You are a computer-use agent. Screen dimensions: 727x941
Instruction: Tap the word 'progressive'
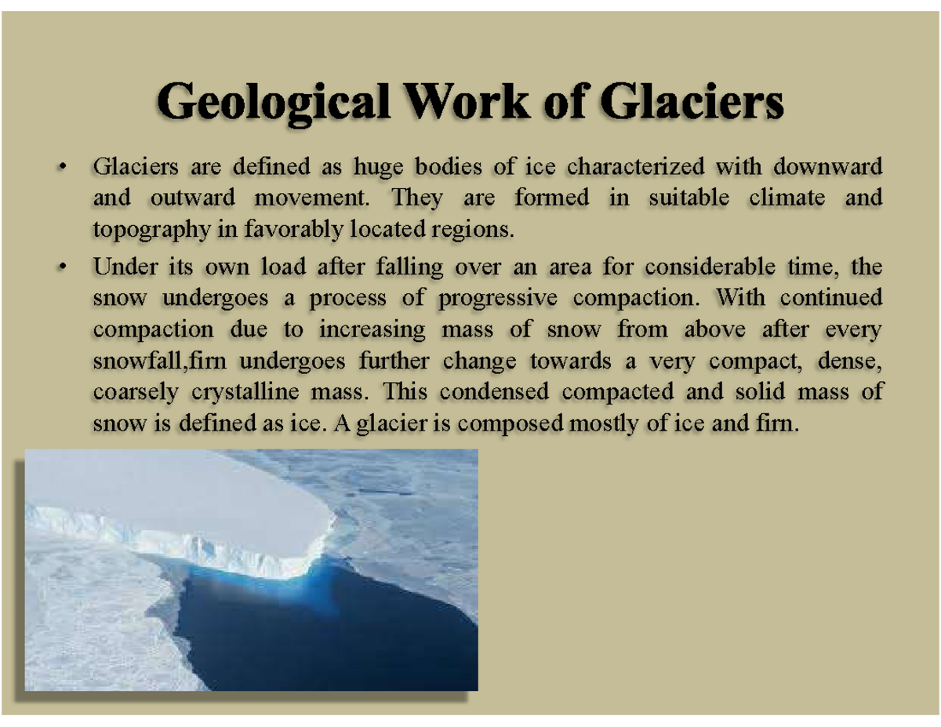[495, 298]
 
